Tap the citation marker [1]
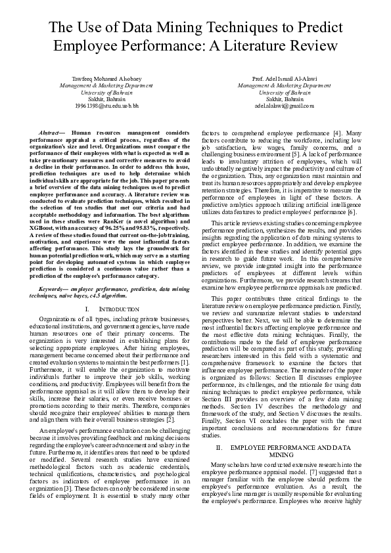185,363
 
